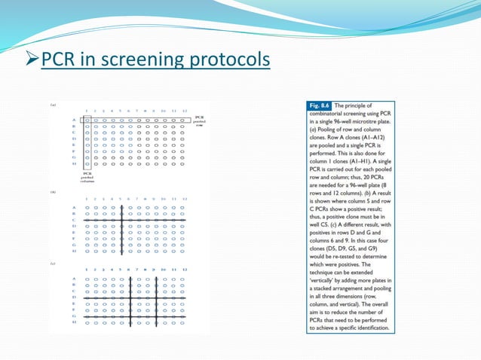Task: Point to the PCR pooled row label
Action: pos(199,121)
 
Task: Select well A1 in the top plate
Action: pos(87,119)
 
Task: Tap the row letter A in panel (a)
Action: pos(74,119)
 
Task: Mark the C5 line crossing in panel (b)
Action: pos(122,220)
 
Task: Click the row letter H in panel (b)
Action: pos(74,251)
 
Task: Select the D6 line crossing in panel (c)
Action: pos(130,299)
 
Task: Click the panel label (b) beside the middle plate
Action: pos(54,192)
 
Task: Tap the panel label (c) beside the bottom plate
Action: pos(54,263)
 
